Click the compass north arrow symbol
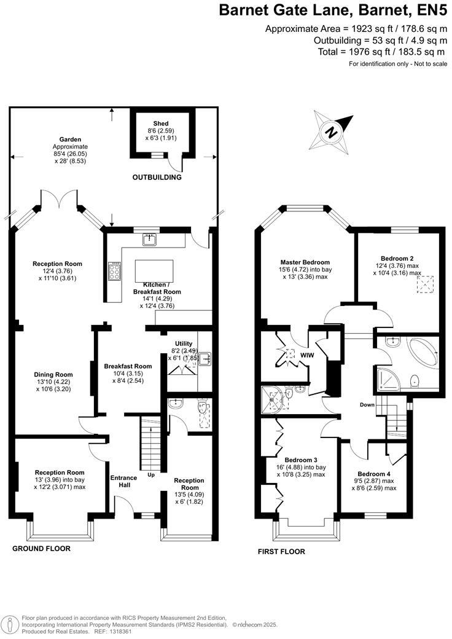click(x=331, y=132)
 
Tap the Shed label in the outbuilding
click(x=161, y=123)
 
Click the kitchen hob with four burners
click(x=114, y=270)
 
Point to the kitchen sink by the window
click(x=150, y=240)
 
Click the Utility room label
click(x=184, y=344)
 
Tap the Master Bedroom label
click(x=305, y=262)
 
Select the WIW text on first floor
click(x=307, y=355)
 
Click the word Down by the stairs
click(x=367, y=405)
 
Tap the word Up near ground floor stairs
click(x=151, y=475)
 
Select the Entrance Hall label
click(x=124, y=481)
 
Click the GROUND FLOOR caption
click(x=41, y=549)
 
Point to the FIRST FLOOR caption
click(x=281, y=552)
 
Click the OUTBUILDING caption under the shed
click(x=157, y=178)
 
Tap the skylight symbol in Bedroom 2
click(x=425, y=285)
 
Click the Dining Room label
click(x=53, y=375)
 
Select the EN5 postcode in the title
click(x=433, y=10)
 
